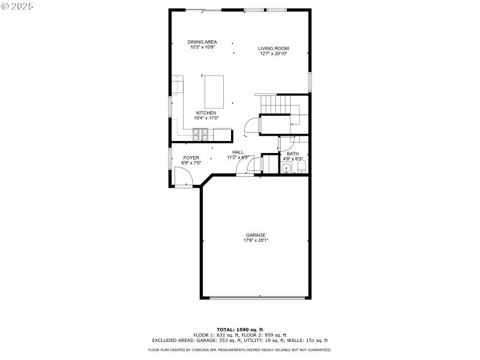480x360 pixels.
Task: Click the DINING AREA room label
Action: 202,41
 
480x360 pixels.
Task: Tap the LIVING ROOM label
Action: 274,49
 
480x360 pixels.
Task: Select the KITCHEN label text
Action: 206,113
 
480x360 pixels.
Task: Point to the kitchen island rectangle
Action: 215,91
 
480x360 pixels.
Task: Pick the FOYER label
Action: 191,158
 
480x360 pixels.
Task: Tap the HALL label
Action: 238,152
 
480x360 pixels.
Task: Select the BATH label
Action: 293,154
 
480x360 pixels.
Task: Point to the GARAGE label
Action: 256,235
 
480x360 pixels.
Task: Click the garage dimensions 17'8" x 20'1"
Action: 256,241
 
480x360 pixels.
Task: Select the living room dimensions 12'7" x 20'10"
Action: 274,54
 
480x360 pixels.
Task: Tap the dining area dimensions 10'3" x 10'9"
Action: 202,47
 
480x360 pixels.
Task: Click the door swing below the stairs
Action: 252,125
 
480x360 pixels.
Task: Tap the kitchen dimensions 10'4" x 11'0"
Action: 206,118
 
